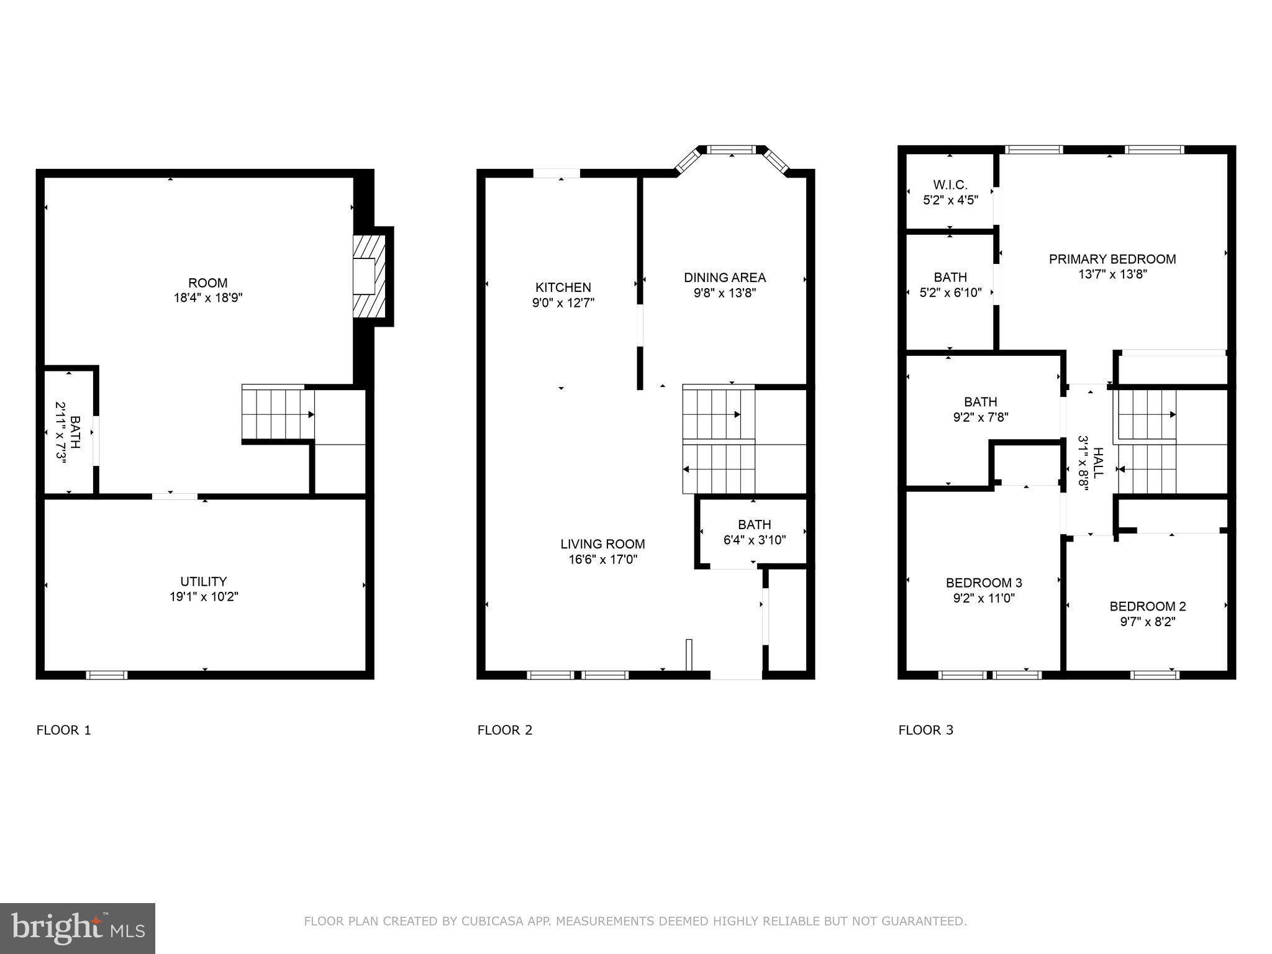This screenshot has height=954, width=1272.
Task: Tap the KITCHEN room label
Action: click(563, 288)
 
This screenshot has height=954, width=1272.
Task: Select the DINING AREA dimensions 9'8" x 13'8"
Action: click(724, 293)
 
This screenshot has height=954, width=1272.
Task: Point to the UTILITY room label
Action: click(204, 582)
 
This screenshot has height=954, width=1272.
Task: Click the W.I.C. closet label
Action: click(950, 185)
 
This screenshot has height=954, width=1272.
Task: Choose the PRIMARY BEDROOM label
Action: click(1112, 259)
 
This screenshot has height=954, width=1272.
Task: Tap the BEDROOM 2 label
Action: click(1148, 606)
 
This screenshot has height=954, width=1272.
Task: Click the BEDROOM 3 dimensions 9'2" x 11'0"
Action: click(984, 598)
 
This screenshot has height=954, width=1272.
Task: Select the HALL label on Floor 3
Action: click(1097, 463)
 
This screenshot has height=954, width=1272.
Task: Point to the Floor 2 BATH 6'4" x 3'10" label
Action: click(755, 532)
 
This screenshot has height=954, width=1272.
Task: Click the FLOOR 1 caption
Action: click(64, 730)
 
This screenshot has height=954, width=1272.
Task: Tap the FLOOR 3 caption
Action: click(925, 730)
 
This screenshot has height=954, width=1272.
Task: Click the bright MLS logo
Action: click(78, 928)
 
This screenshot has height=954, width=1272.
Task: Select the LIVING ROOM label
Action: click(602, 544)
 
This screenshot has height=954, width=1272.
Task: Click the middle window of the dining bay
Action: click(732, 150)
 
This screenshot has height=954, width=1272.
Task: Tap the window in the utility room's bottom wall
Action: click(106, 675)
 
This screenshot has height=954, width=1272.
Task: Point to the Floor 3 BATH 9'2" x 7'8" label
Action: click(980, 409)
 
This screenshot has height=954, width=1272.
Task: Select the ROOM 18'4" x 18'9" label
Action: click(208, 290)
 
